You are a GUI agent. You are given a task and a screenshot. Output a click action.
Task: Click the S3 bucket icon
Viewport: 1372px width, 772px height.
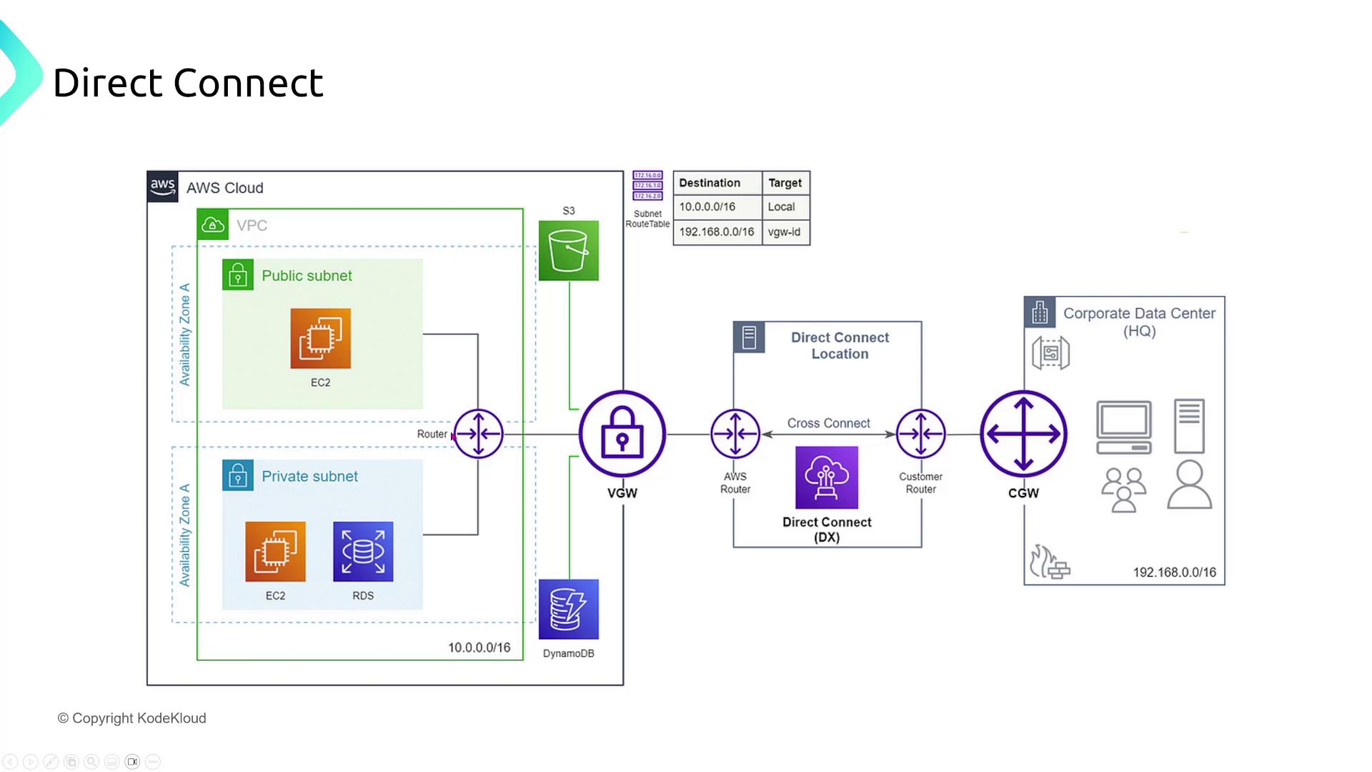click(569, 251)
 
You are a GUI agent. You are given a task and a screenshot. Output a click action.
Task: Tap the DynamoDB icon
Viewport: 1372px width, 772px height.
click(569, 609)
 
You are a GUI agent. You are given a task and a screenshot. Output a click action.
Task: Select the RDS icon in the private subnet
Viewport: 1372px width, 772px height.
click(363, 551)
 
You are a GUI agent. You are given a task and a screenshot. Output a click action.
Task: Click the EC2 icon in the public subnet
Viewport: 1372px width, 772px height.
click(320, 338)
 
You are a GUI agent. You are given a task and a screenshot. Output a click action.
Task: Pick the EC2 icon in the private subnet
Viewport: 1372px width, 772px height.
click(275, 551)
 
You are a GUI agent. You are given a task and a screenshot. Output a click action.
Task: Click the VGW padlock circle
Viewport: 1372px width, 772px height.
click(622, 434)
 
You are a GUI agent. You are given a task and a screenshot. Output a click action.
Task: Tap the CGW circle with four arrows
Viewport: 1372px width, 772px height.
click(1023, 434)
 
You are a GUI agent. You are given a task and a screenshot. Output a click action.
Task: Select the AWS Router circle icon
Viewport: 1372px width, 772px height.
click(735, 434)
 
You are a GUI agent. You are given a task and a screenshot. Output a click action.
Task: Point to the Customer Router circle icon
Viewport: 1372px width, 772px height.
click(921, 434)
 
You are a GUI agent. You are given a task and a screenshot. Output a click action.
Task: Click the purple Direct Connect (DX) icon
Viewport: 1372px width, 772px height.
click(827, 477)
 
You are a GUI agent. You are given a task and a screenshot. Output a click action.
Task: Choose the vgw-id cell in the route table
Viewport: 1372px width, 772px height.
click(785, 232)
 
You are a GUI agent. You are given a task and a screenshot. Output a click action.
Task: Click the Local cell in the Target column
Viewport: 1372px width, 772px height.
click(782, 207)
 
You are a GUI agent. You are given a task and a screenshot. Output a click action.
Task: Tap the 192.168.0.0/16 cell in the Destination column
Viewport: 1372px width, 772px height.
click(717, 232)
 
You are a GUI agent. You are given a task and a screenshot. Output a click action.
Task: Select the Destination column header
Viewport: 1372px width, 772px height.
click(710, 183)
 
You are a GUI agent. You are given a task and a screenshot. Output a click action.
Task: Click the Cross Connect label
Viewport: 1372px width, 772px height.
click(828, 423)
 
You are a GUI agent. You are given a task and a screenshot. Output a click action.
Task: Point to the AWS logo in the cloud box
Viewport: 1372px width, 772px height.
click(163, 187)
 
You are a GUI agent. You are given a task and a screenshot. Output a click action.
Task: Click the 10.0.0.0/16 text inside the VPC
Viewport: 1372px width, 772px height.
click(479, 648)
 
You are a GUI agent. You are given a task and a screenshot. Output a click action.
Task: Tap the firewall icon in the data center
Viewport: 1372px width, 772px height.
click(1049, 563)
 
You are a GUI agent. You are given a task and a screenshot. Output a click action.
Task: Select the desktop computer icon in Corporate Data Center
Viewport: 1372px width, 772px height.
click(1124, 427)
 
